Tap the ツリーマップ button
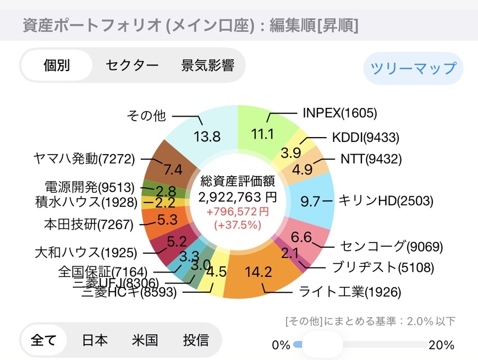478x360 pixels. pos(413,68)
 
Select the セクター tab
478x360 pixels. pos(132,66)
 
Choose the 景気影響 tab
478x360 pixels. pos(207,66)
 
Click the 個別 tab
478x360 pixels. pos(57,66)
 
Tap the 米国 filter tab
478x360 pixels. pos(145,340)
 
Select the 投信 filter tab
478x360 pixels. pos(196,340)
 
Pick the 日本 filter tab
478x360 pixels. pos(95,340)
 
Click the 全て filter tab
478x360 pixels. pos(44,340)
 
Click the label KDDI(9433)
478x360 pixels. pos(365,138)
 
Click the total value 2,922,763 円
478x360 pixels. pos(238,197)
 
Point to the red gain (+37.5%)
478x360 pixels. pos(238,225)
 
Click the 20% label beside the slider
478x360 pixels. pos(441,345)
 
